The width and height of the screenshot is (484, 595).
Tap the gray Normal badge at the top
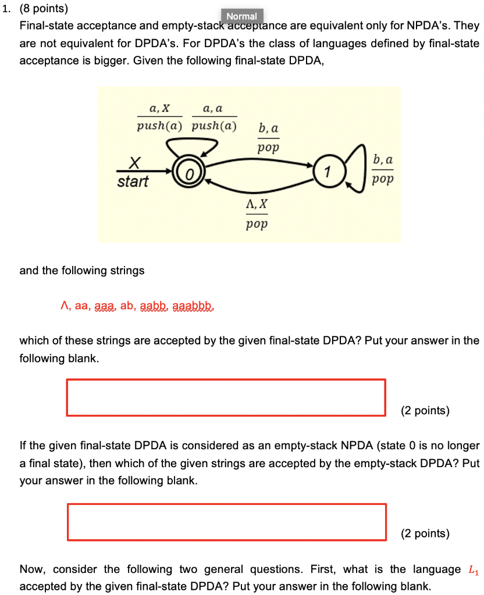[x=242, y=16]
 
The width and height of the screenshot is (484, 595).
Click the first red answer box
[x=226, y=397]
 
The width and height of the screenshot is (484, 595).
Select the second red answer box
[x=227, y=522]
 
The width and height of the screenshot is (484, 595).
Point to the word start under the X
[x=133, y=181]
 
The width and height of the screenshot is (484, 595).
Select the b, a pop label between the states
[x=268, y=137]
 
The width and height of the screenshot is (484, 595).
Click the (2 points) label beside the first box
[x=425, y=411]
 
